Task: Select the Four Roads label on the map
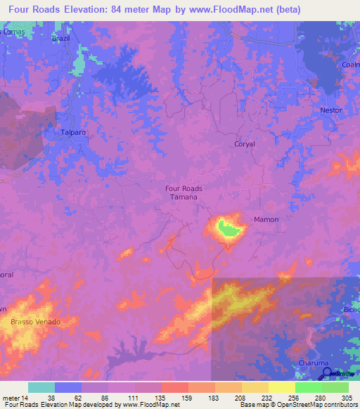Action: (184, 188)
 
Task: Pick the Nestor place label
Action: (330, 110)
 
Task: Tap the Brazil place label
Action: (61, 39)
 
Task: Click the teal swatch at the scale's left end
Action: (41, 387)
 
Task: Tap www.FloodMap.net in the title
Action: (236, 10)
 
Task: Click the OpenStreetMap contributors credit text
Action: (309, 405)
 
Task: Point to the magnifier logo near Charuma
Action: (326, 372)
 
